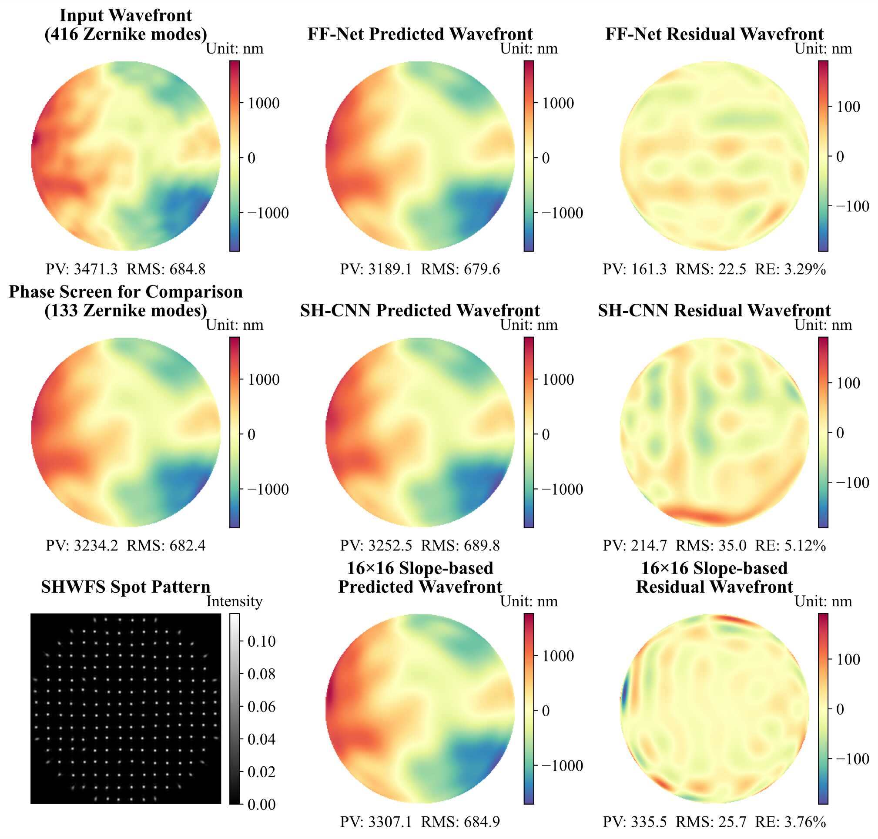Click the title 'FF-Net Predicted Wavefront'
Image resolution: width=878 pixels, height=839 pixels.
pyautogui.click(x=420, y=34)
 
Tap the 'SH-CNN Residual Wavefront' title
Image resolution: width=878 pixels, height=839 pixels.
pyautogui.click(x=714, y=310)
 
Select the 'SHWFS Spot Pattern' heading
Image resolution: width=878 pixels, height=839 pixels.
pyautogui.click(x=126, y=587)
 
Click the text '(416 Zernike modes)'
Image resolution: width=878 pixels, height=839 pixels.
pyautogui.click(x=126, y=34)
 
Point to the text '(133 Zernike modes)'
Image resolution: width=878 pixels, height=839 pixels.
pyautogui.click(x=126, y=310)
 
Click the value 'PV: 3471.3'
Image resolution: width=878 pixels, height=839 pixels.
pyautogui.click(x=82, y=269)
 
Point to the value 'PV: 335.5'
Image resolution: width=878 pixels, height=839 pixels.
pyautogui.click(x=634, y=822)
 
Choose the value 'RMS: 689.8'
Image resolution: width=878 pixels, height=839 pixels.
pyautogui.click(x=460, y=546)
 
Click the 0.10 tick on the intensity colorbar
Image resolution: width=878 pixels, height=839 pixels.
pyautogui.click(x=261, y=641)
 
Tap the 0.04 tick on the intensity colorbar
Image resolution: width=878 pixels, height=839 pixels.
pyautogui.click(x=261, y=739)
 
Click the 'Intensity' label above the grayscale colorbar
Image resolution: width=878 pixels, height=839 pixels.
pyautogui.click(x=234, y=601)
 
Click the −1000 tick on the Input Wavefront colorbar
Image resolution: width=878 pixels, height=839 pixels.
pyautogui.click(x=268, y=213)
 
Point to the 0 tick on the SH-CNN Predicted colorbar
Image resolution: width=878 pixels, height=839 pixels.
pyautogui.click(x=546, y=434)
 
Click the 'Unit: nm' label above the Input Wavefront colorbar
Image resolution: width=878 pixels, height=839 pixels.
pyautogui.click(x=234, y=49)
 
